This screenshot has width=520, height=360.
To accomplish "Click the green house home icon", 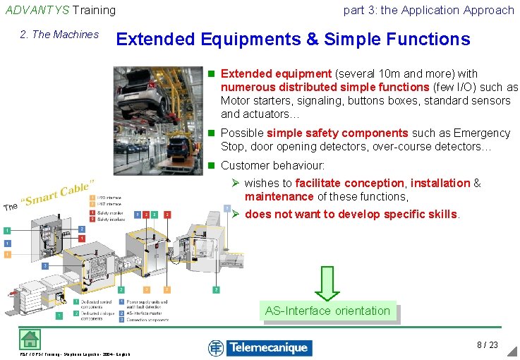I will tap(30, 339).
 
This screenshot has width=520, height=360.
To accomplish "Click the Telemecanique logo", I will tap(260, 347).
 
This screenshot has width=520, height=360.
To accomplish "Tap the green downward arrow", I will tap(327, 282).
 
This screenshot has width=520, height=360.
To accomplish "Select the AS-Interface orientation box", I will tap(327, 311).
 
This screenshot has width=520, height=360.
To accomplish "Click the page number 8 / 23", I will tap(487, 345).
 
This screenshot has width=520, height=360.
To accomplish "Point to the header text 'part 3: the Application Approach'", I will tap(428, 10).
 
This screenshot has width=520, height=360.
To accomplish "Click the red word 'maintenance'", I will tap(279, 197).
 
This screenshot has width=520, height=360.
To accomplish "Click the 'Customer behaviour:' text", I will tap(272, 165).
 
